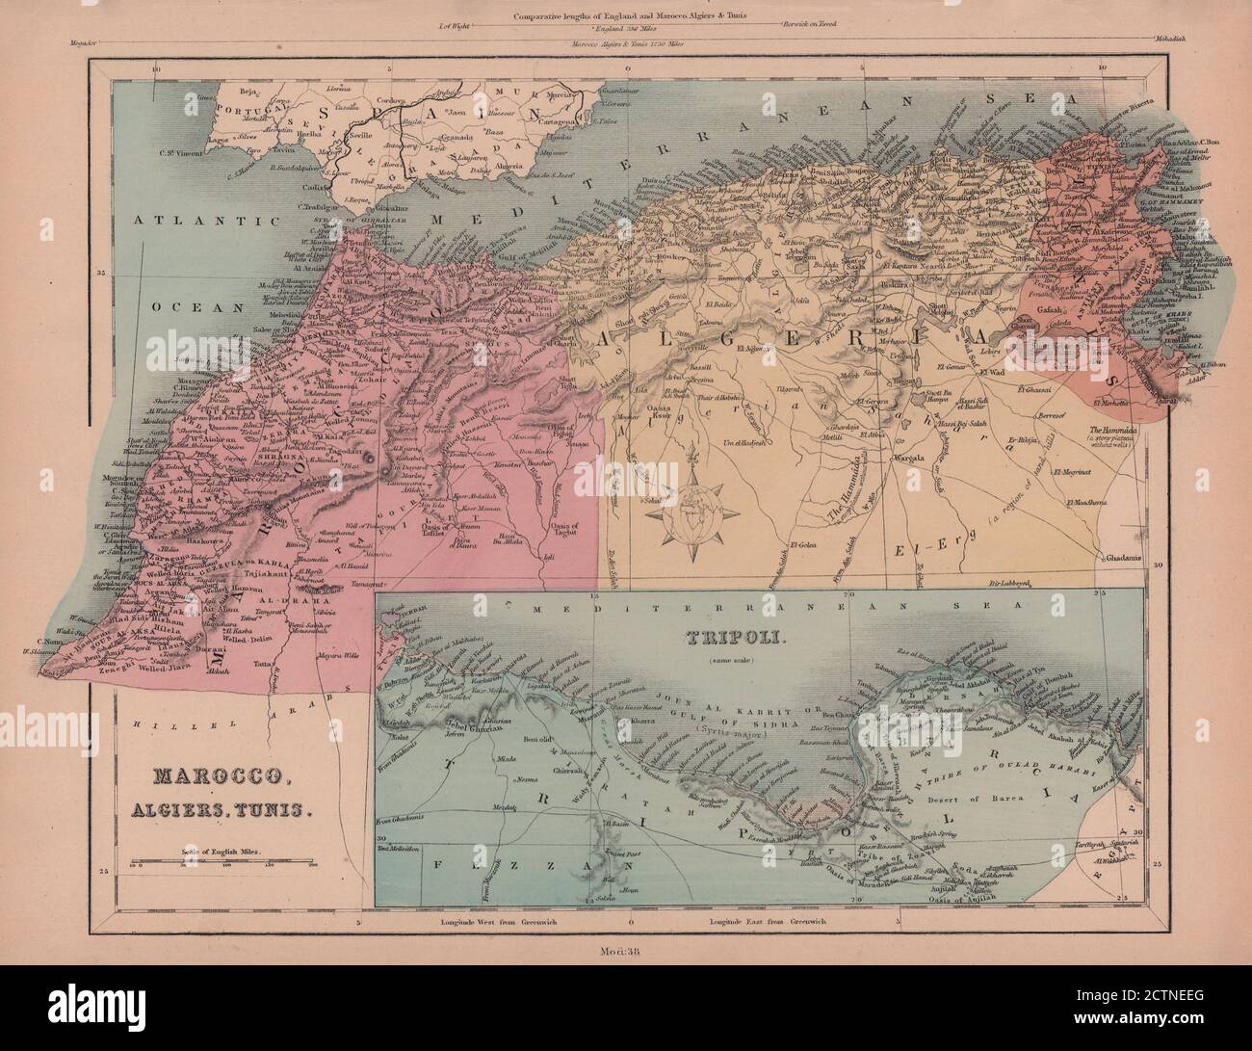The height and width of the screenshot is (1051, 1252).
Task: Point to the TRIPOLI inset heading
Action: (717, 637)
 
